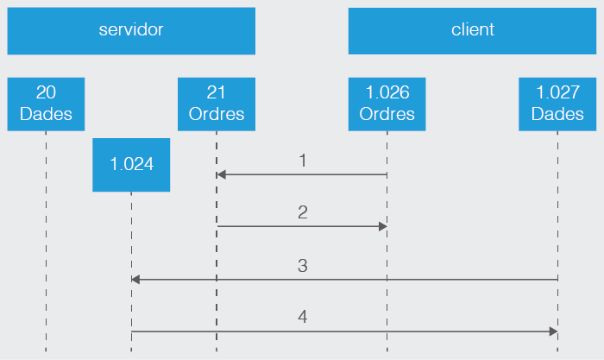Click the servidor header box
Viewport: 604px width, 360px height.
pyautogui.click(x=131, y=30)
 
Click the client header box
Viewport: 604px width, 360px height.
pyautogui.click(x=472, y=30)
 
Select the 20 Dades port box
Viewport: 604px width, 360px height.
pyautogui.click(x=46, y=104)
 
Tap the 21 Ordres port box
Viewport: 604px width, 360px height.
pyautogui.click(x=217, y=104)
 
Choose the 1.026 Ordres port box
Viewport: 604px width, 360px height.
pyautogui.click(x=387, y=104)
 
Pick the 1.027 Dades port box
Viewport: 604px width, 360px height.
pyautogui.click(x=557, y=104)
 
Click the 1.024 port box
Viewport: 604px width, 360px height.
pyautogui.click(x=131, y=164)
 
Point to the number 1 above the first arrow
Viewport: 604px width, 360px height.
pyautogui.click(x=303, y=161)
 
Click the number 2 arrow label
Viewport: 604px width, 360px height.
pyautogui.click(x=303, y=212)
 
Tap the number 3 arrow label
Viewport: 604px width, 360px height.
pyautogui.click(x=303, y=266)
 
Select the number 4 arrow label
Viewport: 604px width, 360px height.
pyautogui.click(x=303, y=318)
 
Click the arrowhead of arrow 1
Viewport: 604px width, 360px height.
pyautogui.click(x=221, y=174)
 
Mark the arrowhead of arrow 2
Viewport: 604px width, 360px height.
pyautogui.click(x=382, y=226)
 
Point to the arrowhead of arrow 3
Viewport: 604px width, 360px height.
pyautogui.click(x=135, y=280)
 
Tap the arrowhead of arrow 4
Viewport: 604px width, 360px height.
pyautogui.click(x=553, y=332)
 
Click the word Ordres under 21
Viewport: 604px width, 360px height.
pyautogui.click(x=217, y=114)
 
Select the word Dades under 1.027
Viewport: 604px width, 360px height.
pyautogui.click(x=557, y=114)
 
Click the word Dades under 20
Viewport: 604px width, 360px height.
pyautogui.click(x=46, y=114)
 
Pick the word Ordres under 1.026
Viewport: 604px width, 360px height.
pyautogui.click(x=387, y=114)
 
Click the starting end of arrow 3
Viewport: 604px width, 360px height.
pyautogui.click(x=557, y=280)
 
